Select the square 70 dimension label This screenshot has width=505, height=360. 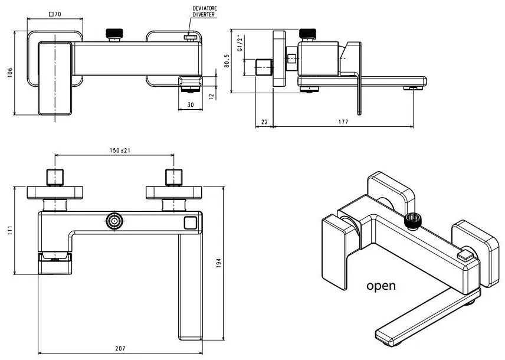coord(55,13)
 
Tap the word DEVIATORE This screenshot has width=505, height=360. coord(205,8)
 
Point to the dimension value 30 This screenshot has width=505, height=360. coord(190,105)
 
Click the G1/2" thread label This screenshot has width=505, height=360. coord(239,44)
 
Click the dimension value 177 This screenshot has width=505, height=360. coord(343,122)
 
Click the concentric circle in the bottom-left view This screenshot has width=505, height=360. coord(114,222)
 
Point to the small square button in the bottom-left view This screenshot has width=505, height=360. coord(190,222)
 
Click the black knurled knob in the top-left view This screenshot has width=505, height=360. coord(113,34)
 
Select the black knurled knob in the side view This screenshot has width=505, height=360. coord(309,34)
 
